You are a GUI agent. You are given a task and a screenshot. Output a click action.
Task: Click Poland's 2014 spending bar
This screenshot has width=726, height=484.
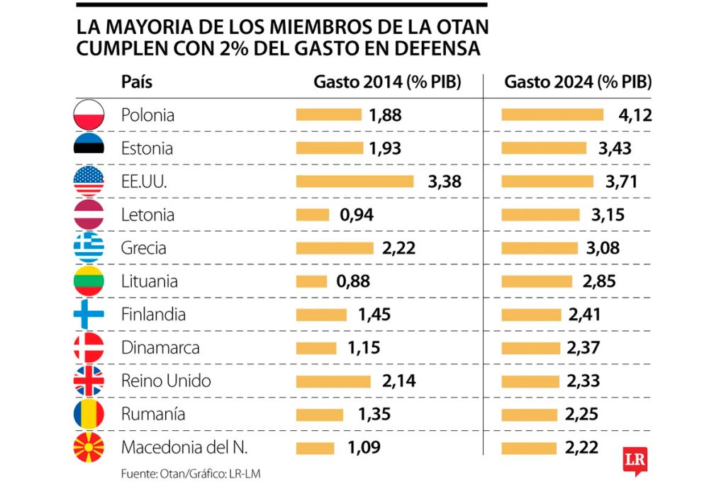pyautogui.click(x=328, y=115)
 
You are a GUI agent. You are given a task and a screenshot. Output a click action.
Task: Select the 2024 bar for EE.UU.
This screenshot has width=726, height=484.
pyautogui.click(x=547, y=181)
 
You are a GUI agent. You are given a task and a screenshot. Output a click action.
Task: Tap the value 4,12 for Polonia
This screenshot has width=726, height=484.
pyautogui.click(x=634, y=115)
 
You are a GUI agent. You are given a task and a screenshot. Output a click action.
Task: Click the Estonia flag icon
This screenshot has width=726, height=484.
pyautogui.click(x=89, y=148)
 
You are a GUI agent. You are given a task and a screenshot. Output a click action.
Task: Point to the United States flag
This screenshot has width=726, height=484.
pyautogui.click(x=89, y=181)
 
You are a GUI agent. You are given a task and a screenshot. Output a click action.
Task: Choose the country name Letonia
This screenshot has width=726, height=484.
pyautogui.click(x=147, y=214)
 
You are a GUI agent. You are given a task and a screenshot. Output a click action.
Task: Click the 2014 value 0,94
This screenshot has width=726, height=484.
pyautogui.click(x=357, y=214)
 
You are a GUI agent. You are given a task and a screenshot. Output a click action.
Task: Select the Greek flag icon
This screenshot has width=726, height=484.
pyautogui.click(x=89, y=247)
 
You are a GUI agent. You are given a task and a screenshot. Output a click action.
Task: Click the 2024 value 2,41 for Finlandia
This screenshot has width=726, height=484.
pyautogui.click(x=585, y=314)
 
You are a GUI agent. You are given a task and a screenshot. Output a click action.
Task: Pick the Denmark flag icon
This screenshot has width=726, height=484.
pyautogui.click(x=89, y=347)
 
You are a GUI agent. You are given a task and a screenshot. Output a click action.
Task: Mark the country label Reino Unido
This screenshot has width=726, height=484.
pyautogui.click(x=166, y=381)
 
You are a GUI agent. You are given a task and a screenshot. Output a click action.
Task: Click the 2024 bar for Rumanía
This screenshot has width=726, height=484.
pyautogui.click(x=530, y=414)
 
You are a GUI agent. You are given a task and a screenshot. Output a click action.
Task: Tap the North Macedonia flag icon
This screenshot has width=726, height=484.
pyautogui.click(x=89, y=447)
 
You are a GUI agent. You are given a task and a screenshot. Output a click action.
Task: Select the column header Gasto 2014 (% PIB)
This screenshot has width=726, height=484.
pyautogui.click(x=387, y=82)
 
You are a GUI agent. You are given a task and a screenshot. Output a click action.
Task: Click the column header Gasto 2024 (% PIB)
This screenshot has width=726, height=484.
pyautogui.click(x=578, y=82)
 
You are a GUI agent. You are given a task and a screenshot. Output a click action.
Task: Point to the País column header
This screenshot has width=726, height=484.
pyautogui.click(x=137, y=82)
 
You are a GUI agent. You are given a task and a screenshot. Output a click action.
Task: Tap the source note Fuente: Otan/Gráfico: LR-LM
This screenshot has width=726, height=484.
pyautogui.click(x=186, y=473)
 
